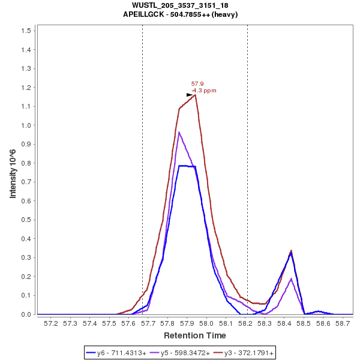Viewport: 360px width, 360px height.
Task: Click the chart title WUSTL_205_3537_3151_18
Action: (180, 5)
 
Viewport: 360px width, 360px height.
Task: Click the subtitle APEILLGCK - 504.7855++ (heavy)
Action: (180, 14)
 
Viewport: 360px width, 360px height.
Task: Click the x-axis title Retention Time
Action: (196, 335)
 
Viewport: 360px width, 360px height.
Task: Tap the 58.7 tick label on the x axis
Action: (343, 323)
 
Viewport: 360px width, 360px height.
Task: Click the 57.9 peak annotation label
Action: (197, 84)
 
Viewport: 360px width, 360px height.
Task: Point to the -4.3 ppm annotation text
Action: (204, 91)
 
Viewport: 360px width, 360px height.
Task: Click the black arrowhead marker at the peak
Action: (190, 95)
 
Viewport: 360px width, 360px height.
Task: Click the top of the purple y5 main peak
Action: (179, 132)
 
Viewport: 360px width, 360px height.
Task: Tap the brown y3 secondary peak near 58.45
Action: (291, 251)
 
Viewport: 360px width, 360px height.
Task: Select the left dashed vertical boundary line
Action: (142, 180)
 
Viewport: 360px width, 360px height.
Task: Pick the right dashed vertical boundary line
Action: (247, 180)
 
